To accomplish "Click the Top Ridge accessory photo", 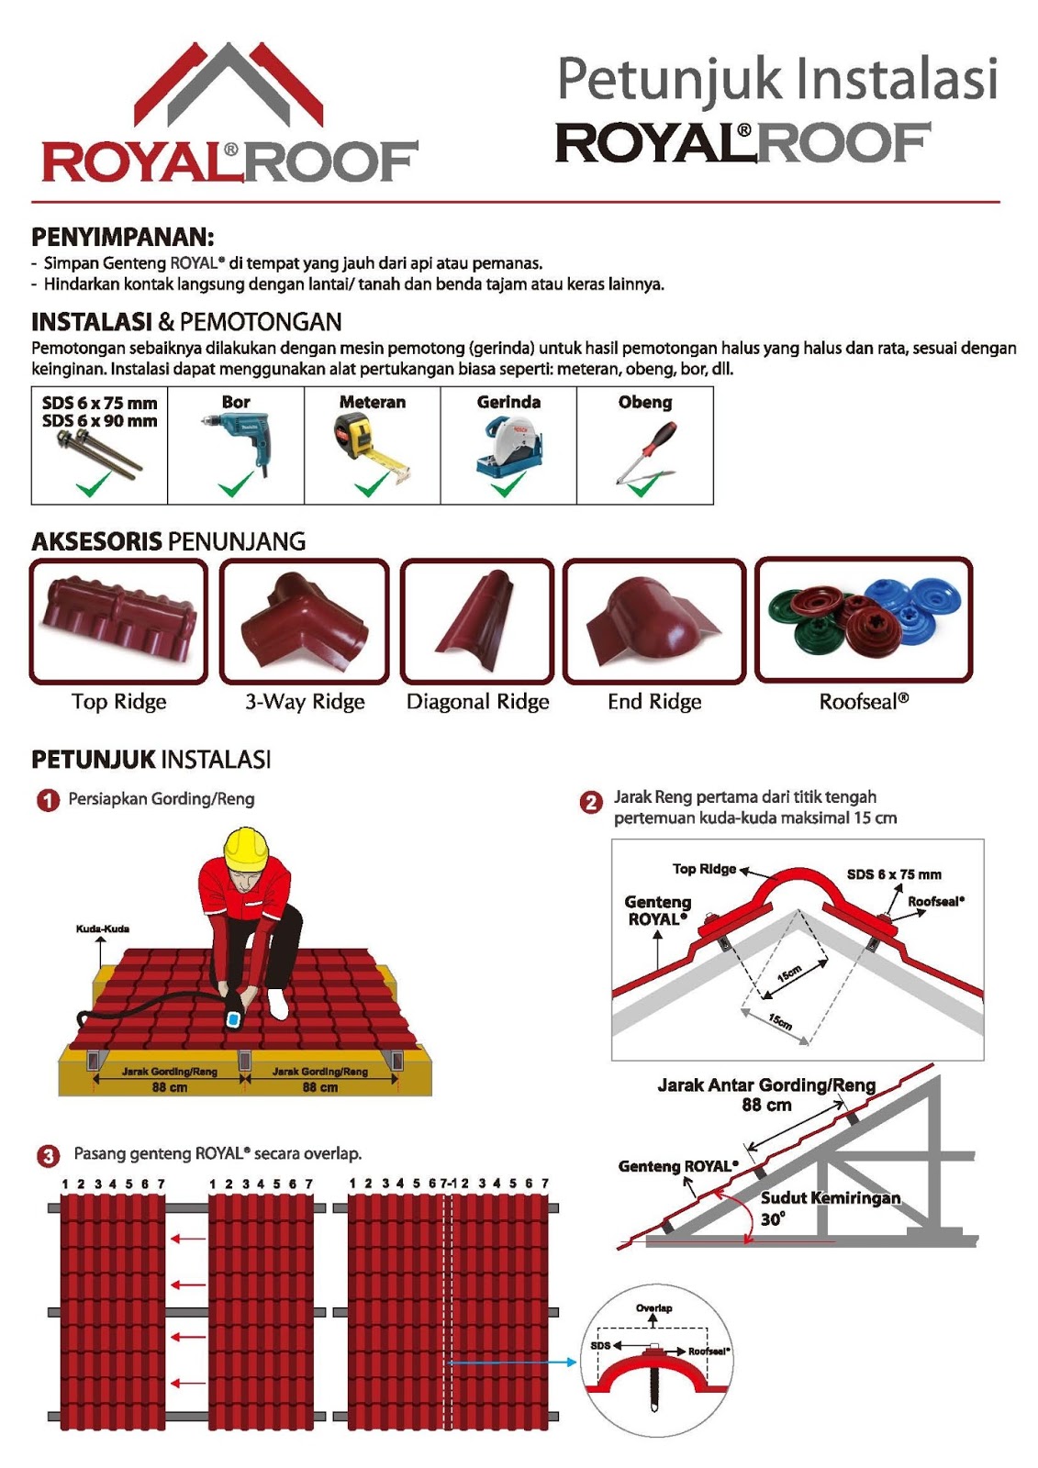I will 118,619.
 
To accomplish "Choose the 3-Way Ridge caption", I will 305,702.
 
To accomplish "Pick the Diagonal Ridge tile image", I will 478,619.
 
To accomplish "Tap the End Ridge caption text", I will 654,702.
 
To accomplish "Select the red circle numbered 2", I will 591,803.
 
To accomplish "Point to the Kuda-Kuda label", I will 103,929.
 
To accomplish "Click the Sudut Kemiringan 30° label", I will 830,1207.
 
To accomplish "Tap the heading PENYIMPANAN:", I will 122,237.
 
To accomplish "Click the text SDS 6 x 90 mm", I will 99,421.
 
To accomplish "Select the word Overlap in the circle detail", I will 653,1307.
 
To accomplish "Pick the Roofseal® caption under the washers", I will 864,702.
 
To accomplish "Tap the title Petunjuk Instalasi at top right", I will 776,79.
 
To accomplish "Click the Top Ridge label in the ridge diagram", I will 704,869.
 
